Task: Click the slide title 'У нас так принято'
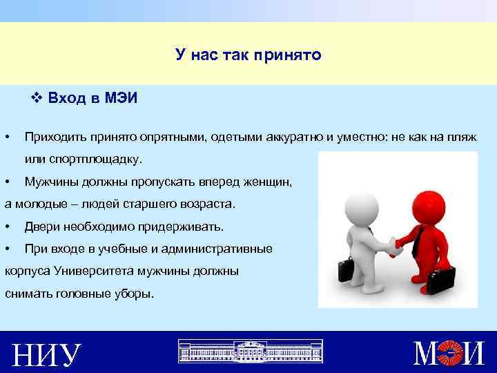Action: tap(248, 54)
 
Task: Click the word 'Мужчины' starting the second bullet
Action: tap(50, 182)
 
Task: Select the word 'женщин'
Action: tap(267, 182)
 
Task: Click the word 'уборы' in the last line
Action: tap(130, 294)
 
